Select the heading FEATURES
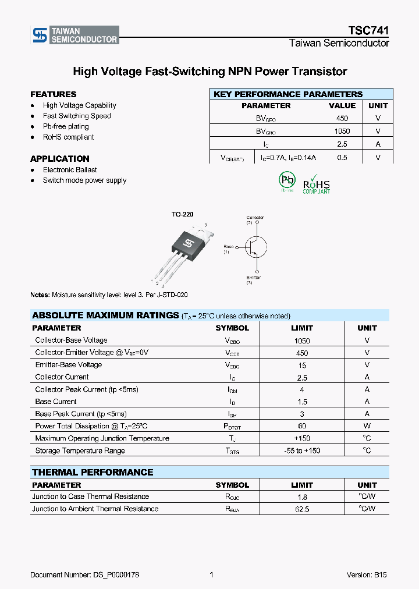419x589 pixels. [53, 94]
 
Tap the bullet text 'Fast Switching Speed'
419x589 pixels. [77, 116]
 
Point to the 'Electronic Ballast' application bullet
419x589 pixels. [70, 170]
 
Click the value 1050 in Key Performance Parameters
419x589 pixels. [342, 132]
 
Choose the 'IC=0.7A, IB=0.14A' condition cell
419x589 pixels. [289, 158]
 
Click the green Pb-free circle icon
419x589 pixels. [287, 180]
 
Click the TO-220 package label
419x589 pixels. [182, 215]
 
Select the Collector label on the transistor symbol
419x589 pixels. [255, 218]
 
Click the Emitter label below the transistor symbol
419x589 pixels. [253, 278]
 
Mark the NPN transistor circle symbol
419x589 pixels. [255, 247]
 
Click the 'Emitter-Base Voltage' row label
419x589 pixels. [68, 365]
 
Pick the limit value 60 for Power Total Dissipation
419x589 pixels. [302, 427]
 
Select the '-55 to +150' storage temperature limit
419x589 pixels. [302, 451]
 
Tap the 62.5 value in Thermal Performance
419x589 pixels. [302, 509]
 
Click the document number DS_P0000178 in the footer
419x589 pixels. [84, 575]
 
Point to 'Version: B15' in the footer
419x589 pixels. [367, 575]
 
